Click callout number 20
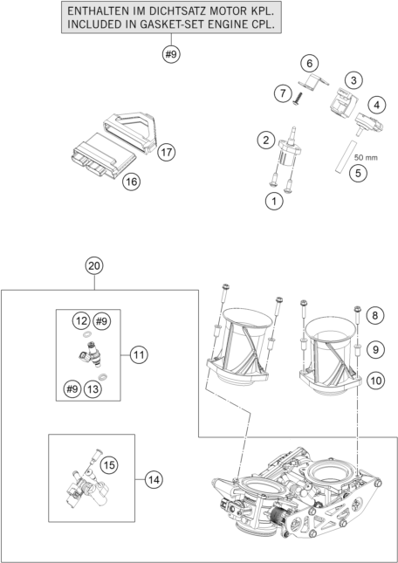point(94,265)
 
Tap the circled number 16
point(131,182)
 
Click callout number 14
point(154,478)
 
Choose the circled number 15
point(109,464)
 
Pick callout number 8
point(376,314)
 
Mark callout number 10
point(376,380)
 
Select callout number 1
point(274,202)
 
